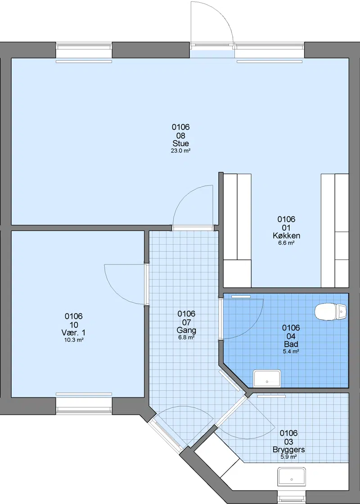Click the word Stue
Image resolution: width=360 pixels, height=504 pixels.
180,143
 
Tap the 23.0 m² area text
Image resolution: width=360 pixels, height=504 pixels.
180,151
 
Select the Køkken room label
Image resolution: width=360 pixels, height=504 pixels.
286,236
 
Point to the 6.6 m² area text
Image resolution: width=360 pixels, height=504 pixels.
286,243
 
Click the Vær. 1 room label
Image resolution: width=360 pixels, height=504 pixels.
74,332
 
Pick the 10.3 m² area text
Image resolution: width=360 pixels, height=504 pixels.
74,340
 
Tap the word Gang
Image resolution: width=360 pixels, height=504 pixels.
186,330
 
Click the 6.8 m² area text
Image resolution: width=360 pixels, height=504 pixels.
186,338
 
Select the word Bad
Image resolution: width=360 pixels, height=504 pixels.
291,344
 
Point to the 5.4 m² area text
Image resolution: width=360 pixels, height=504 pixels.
291,352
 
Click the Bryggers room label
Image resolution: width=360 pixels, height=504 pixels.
288,450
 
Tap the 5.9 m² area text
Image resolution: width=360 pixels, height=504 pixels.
288,457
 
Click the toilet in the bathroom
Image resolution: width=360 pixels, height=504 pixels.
330,312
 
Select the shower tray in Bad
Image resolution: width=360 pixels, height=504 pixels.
267,378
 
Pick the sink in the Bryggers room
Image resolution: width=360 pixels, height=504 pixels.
292,477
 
